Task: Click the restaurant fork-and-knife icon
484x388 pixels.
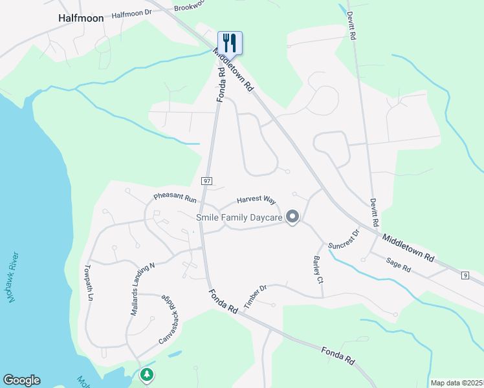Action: coord(230,43)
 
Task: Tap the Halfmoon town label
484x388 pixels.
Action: coord(81,19)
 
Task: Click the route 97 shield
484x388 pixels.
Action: coord(206,181)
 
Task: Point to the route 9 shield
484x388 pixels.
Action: coord(465,276)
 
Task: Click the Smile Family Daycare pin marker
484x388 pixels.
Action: coord(292,217)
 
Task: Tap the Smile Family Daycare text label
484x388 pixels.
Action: coord(239,218)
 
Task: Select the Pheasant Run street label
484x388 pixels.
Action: coord(174,196)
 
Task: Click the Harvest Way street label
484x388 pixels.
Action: coord(256,200)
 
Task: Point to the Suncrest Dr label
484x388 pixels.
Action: coord(344,240)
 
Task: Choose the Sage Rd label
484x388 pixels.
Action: coord(399,264)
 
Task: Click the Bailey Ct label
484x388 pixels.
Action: coord(318,270)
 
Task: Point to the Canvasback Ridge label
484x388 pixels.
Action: coord(167,319)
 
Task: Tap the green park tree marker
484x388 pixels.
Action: coord(147,374)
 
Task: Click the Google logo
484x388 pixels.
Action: coord(21,380)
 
